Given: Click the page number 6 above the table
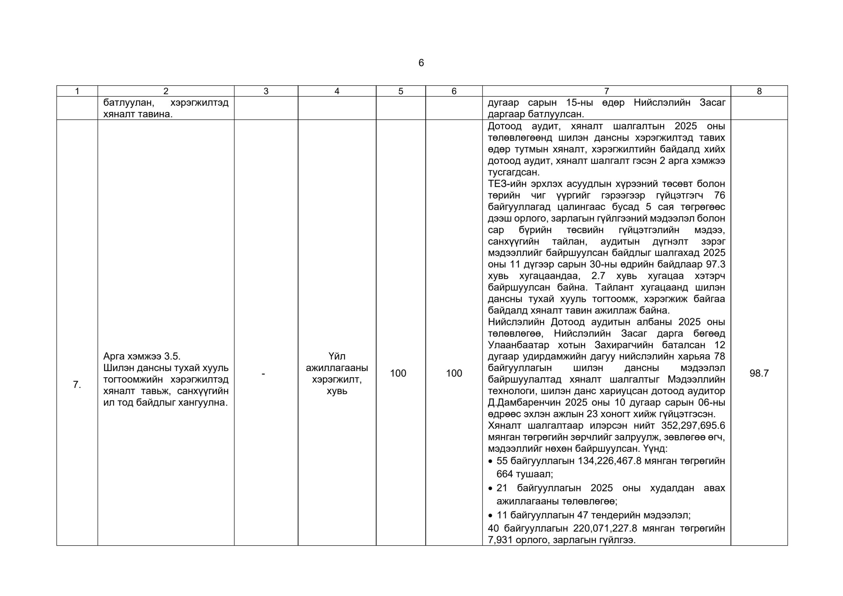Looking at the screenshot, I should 421,63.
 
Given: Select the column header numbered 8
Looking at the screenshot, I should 759,91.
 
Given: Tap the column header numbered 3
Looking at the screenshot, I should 266,91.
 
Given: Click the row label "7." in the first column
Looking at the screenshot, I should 77,385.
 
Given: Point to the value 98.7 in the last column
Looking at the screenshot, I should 759,373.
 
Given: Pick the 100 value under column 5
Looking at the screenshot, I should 398,373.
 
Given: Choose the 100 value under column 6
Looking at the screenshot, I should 454,373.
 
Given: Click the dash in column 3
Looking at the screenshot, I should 263,373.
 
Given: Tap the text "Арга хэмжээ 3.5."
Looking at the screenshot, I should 142,356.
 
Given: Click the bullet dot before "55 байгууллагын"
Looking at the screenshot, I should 490,462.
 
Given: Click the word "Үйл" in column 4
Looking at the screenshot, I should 337,356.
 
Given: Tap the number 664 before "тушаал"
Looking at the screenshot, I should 504,474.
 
